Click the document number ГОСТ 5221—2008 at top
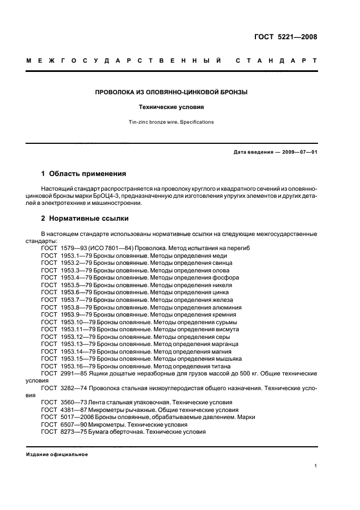(x=285, y=38)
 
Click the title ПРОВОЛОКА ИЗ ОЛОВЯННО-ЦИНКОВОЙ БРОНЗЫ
(x=171, y=93)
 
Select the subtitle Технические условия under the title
(x=171, y=107)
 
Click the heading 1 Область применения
(x=84, y=174)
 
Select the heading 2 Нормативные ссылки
(x=85, y=218)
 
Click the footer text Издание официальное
(x=57, y=454)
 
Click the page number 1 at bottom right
(x=316, y=466)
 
